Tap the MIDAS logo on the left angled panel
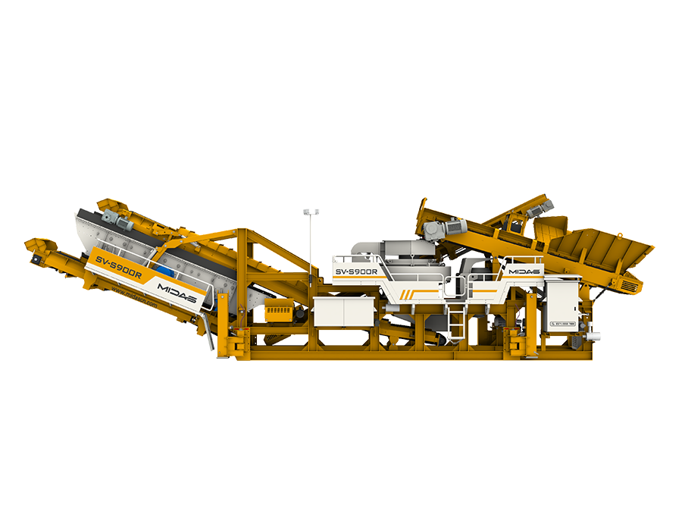point(177,293)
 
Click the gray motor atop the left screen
point(110,218)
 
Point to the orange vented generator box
point(277,310)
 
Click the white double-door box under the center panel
point(343,312)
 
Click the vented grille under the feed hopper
point(626,284)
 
